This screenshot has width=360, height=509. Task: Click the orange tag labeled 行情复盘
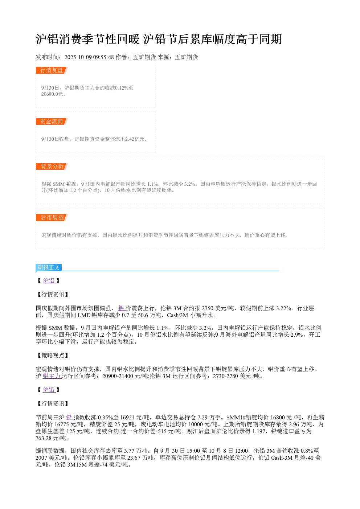(x=52, y=70)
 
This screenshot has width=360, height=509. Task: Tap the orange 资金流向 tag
(x=52, y=121)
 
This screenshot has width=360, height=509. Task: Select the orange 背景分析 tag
(x=52, y=166)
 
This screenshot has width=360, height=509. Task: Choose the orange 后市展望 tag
(x=52, y=217)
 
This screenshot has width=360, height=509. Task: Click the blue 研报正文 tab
(x=49, y=267)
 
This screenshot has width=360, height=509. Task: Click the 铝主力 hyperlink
(x=52, y=376)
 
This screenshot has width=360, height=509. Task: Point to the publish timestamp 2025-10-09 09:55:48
(x=89, y=57)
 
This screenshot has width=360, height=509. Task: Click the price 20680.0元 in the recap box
(x=52, y=94)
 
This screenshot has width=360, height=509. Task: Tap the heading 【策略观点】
(x=52, y=356)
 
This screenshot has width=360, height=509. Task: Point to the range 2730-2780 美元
(x=232, y=376)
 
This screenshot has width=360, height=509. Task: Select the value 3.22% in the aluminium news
(x=284, y=308)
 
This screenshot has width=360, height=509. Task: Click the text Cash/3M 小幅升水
(x=190, y=315)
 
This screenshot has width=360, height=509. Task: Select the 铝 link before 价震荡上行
(x=122, y=308)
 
